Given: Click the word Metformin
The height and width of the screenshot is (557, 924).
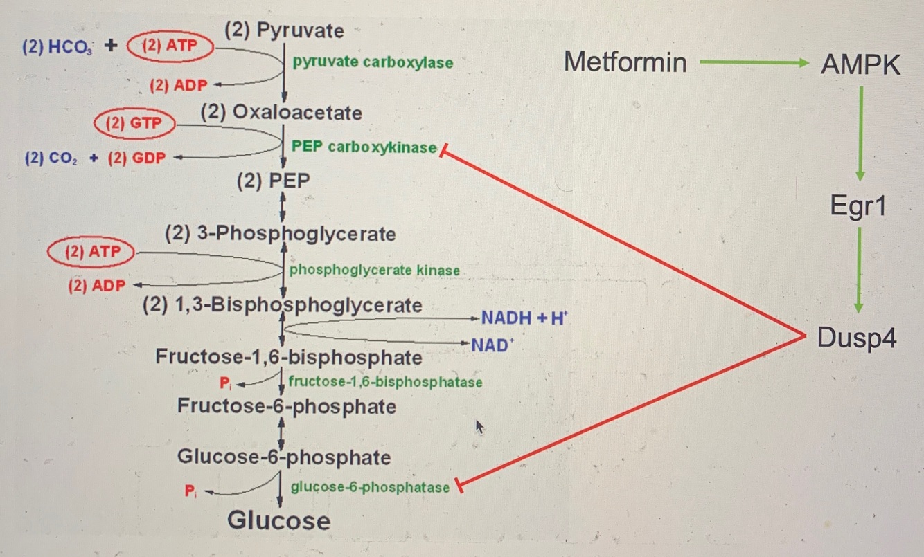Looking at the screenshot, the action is pos(625,62).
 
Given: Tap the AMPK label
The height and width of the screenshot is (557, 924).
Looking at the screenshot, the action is pos(860,65).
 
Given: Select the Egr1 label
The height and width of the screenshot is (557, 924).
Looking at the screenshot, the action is pos(858,206).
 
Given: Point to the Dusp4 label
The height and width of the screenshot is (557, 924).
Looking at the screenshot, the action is pos(857,338).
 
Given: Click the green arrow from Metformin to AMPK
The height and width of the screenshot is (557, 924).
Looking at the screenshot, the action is pos(754,64).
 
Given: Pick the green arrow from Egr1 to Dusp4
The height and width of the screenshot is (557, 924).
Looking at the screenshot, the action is pos(858,270).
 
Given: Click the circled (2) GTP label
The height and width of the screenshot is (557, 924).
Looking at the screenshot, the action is pos(134,124).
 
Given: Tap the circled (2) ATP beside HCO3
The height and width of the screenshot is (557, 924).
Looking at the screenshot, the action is pos(170,46).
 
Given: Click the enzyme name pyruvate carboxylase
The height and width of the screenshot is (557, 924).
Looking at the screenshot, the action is pos(373,62).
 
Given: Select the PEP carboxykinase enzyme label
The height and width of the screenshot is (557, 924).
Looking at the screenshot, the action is pos(364,147).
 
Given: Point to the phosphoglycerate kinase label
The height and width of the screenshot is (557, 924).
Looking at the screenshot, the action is pos(374,270).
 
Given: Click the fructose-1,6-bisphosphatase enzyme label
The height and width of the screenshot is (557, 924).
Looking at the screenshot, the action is pos(385,381).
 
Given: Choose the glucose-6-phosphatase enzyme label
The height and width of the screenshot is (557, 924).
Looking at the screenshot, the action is pos(370,487).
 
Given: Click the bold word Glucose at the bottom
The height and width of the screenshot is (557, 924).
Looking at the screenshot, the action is pos(278,520).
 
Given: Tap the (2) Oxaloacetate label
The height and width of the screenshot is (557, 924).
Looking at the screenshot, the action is pos(281,112).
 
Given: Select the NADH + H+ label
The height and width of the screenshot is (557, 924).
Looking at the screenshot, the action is pos(524,318).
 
